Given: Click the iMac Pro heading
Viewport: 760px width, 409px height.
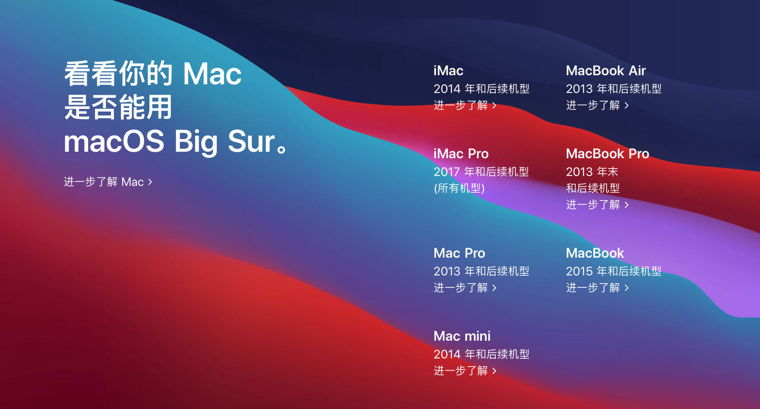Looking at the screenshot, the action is (461, 153).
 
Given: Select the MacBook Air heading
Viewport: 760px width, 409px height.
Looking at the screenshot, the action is (606, 70).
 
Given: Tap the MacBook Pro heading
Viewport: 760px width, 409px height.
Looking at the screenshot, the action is (608, 153).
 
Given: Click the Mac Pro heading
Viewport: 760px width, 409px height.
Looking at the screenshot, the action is (459, 253).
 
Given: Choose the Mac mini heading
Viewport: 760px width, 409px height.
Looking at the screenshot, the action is (462, 336).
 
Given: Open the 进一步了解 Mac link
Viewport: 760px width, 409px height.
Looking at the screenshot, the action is (108, 182).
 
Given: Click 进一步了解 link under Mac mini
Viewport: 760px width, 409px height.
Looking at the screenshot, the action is (465, 371).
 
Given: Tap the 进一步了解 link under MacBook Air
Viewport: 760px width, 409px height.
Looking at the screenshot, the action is (598, 105).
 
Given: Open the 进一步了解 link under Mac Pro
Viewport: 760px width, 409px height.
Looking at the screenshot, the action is (465, 288).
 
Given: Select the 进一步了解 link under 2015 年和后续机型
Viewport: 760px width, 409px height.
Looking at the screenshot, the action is (598, 288).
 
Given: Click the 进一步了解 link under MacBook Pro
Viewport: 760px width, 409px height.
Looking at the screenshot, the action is (598, 204).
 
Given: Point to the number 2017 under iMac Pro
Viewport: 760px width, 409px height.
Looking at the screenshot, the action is (446, 172).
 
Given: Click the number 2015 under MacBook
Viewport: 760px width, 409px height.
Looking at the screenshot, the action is (579, 272).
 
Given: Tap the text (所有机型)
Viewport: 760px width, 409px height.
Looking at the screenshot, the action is (459, 189).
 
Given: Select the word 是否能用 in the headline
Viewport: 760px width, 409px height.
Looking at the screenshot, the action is (118, 107).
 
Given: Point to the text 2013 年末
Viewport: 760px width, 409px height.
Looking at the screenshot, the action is (592, 172).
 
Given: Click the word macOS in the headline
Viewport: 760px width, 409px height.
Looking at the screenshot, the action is (114, 141).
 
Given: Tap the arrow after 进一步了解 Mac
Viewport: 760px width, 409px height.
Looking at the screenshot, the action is (150, 182).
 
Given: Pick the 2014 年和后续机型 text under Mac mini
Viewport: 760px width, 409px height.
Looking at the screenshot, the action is (481, 354).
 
